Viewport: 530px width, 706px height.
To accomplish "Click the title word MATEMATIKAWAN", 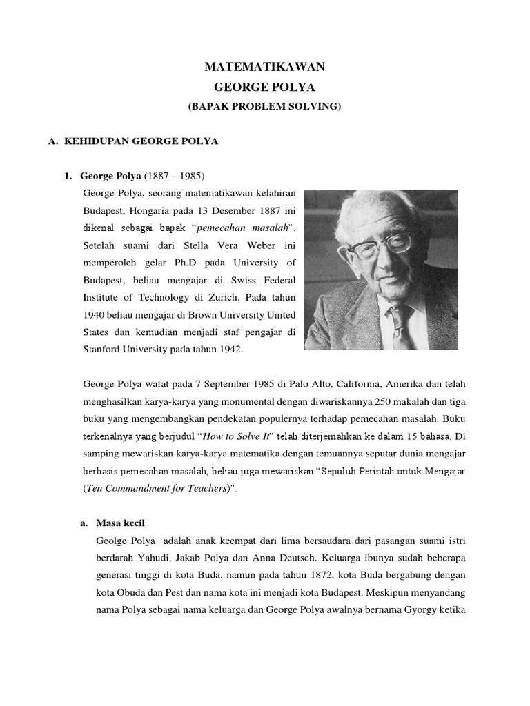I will (x=265, y=67).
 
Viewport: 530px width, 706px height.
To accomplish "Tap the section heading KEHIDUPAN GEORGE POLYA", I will (x=141, y=141).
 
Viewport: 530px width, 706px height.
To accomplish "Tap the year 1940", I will (x=95, y=315).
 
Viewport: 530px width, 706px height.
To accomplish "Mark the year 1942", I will (x=228, y=350).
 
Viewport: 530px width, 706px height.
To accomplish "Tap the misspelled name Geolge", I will (x=114, y=541).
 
